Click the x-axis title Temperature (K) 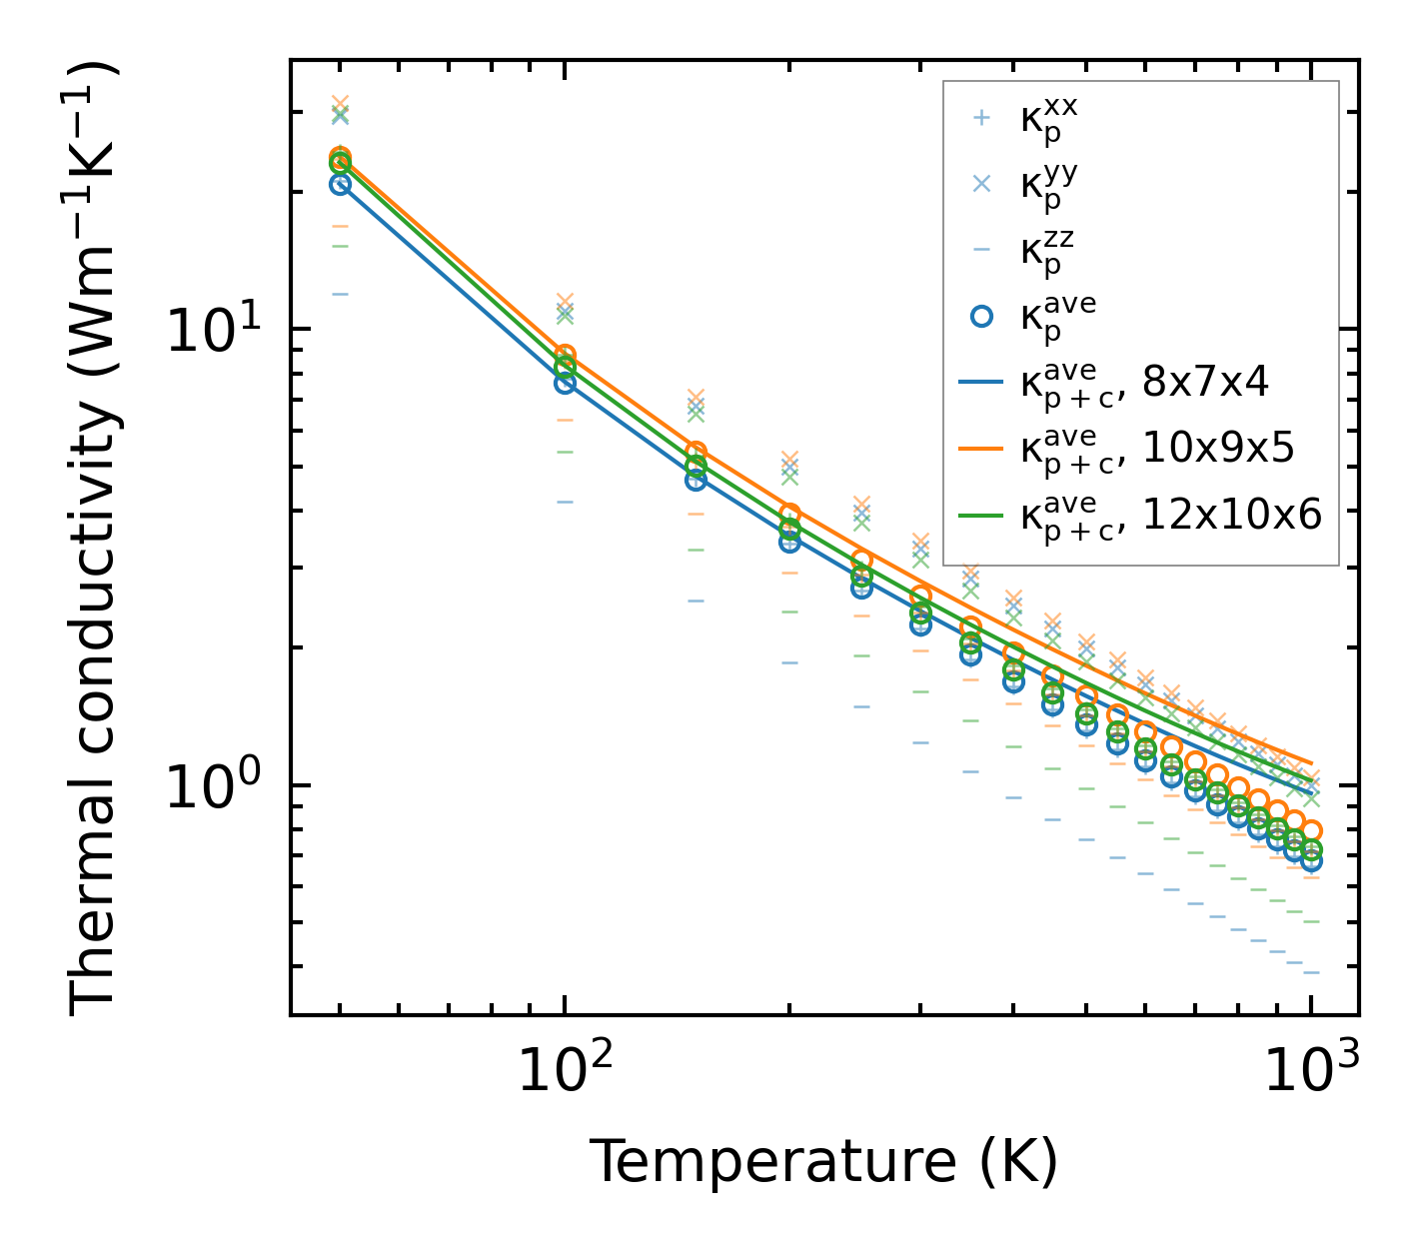point(823,1162)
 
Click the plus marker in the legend point(981,118)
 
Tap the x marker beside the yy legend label point(981,184)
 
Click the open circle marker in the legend point(981,316)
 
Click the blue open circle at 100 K point(565,383)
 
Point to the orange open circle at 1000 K point(1311,831)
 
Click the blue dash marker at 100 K point(565,502)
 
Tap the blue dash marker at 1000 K point(1311,972)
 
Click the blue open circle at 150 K point(696,480)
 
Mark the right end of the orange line point(1311,763)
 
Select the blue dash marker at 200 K point(789,662)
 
